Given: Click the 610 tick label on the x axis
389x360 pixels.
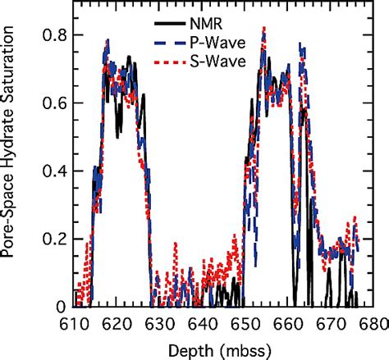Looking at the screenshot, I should tap(75, 324).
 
